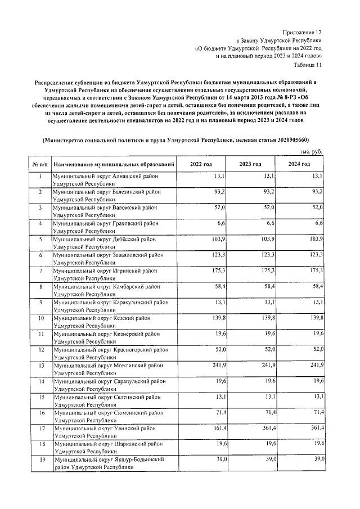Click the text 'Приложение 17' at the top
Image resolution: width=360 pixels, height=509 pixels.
click(304, 33)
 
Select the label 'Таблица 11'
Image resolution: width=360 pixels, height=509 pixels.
click(310, 65)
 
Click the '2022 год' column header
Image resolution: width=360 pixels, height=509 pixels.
click(201, 164)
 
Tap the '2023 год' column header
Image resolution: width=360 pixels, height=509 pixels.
click(250, 164)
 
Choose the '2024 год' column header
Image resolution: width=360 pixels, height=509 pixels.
click(300, 164)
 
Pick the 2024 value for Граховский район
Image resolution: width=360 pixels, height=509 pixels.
click(319, 224)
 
